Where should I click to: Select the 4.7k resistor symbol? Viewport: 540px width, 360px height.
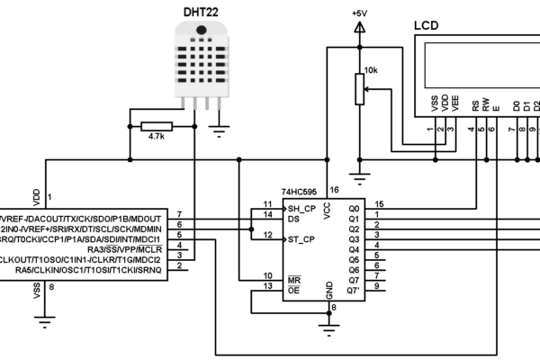click(x=157, y=127)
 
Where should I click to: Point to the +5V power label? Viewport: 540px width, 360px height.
click(x=359, y=13)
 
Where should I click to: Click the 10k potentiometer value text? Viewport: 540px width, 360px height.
click(x=372, y=70)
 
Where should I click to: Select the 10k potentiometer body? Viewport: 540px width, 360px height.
click(x=360, y=89)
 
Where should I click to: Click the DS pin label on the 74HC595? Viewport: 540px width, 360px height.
click(x=292, y=217)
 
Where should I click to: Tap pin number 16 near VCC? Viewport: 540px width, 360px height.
click(x=334, y=191)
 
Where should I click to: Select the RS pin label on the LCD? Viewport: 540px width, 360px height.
click(x=473, y=105)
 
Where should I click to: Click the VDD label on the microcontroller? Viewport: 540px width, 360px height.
click(x=37, y=195)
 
